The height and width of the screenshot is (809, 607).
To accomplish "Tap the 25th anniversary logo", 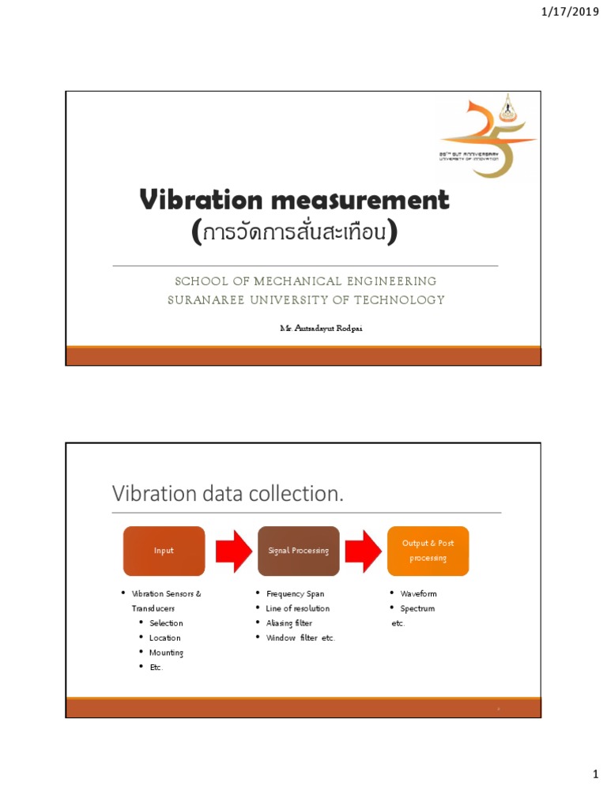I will tap(488, 138).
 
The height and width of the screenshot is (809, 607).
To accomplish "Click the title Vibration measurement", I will tap(294, 200).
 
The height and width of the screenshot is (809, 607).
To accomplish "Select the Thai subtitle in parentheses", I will tap(294, 232).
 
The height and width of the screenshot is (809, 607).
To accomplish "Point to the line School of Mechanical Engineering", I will tap(305, 281).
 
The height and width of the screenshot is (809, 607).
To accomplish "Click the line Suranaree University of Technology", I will tap(306, 300).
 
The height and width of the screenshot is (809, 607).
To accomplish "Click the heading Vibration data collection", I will tap(228, 494).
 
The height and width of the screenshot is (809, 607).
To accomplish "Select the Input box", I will tap(164, 551).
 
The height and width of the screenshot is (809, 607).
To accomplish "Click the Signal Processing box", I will tap(299, 551).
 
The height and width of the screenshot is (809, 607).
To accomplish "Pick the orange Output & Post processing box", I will tap(428, 551).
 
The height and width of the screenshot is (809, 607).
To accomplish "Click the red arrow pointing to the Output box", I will tap(364, 551).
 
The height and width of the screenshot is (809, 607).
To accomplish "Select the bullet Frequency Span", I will tap(295, 593).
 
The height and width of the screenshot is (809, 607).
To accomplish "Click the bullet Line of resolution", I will tap(297, 608).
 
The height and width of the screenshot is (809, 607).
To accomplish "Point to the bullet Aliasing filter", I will tap(288, 623).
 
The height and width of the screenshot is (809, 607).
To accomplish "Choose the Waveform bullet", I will tap(418, 593).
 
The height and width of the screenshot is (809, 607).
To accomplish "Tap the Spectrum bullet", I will tap(417, 608).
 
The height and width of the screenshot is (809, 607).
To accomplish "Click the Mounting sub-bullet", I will tap(166, 653).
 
